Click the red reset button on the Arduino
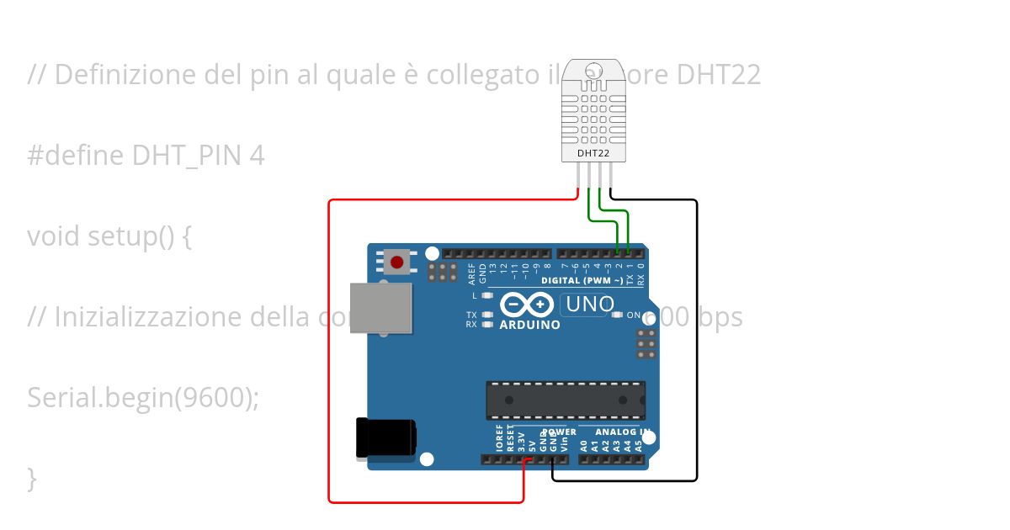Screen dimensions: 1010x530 (396, 262)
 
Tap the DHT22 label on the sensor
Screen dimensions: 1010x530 (593, 154)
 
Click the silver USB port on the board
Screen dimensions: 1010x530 (381, 310)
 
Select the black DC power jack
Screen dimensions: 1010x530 (385, 438)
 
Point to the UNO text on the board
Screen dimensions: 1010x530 (590, 305)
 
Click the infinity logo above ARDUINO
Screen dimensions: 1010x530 (526, 304)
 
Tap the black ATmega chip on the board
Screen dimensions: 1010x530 (566, 400)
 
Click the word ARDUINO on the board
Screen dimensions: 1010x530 (529, 325)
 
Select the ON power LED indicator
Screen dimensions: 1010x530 (618, 315)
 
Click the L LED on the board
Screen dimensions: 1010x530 (487, 296)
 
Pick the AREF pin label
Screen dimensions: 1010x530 (472, 271)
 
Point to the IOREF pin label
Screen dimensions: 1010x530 (500, 439)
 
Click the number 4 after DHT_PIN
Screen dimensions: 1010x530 (257, 156)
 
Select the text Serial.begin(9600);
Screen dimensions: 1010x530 (143, 397)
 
